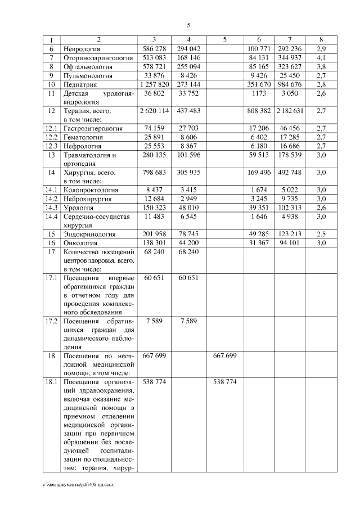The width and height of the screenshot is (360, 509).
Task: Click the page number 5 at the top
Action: pos(188,25)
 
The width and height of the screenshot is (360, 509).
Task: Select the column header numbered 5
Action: pos(224,39)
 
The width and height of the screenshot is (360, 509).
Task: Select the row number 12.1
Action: pos(51,128)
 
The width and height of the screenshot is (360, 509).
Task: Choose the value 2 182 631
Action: pos(290,111)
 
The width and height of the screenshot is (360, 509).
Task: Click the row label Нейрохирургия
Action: pos(88,199)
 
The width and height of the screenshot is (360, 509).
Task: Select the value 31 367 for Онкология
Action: pos(259,242)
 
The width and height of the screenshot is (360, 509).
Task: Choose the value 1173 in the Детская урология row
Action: pos(259,93)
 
